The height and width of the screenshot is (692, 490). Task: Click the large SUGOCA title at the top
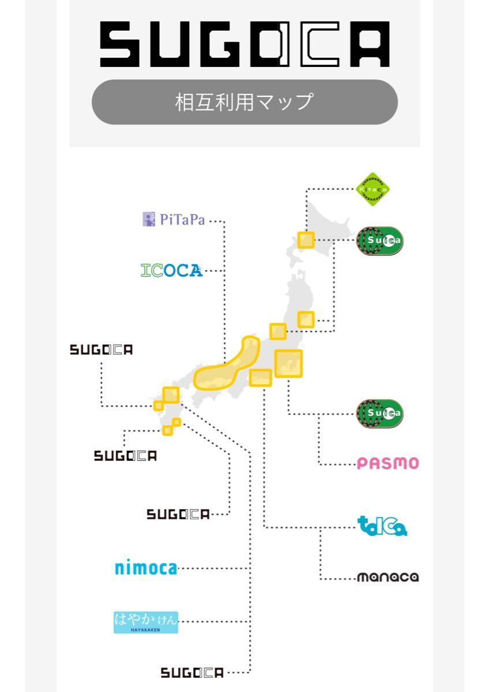click(245, 44)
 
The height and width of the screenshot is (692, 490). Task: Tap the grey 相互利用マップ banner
click(245, 102)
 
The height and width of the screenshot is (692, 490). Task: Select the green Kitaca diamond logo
click(373, 189)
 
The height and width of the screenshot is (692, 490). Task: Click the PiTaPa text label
click(182, 220)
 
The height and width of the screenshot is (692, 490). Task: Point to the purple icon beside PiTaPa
click(149, 220)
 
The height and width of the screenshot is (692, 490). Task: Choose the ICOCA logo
click(171, 270)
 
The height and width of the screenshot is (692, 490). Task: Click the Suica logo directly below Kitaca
click(379, 239)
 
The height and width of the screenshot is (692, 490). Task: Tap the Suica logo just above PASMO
click(379, 413)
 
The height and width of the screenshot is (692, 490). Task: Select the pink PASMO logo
click(387, 463)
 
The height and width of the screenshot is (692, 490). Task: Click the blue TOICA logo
click(382, 526)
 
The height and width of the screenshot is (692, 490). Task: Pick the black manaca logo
click(387, 577)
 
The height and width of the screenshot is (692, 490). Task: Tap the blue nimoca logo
click(145, 568)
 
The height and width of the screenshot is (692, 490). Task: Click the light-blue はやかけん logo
click(145, 622)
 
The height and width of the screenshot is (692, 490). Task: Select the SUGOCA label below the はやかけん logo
click(192, 672)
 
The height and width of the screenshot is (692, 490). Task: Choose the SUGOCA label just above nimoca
click(178, 514)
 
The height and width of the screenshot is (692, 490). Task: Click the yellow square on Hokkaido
click(306, 239)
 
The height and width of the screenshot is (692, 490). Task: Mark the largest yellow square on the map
click(289, 363)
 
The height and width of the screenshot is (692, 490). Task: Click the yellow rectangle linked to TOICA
click(260, 378)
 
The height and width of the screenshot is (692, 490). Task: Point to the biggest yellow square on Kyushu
click(171, 395)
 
